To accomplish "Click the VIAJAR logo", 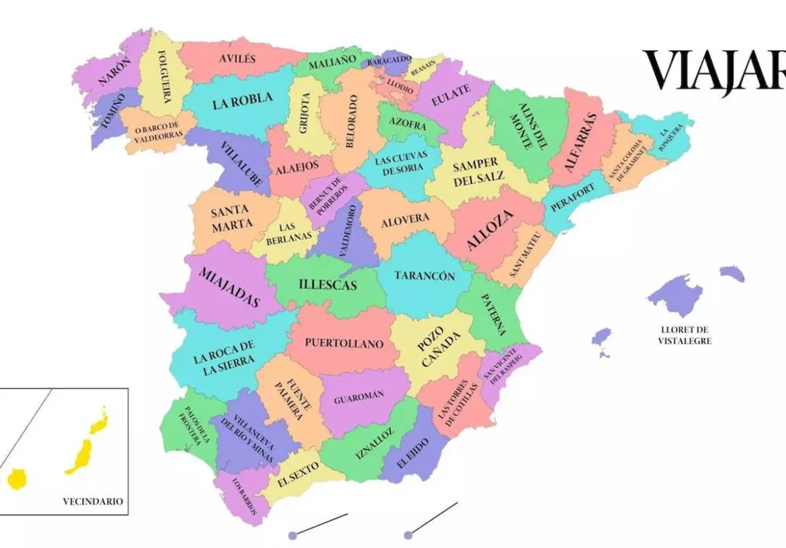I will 715,71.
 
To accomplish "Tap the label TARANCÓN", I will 425,276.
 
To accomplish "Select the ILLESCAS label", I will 328,285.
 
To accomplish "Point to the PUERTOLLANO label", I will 344,344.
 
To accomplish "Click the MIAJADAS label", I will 229,287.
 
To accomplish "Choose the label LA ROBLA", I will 243,101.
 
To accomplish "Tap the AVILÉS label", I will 237,58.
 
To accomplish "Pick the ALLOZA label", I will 490,230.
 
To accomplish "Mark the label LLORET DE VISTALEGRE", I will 685,335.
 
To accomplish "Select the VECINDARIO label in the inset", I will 93,501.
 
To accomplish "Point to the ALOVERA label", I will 405,220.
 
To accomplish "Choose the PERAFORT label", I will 572,199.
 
